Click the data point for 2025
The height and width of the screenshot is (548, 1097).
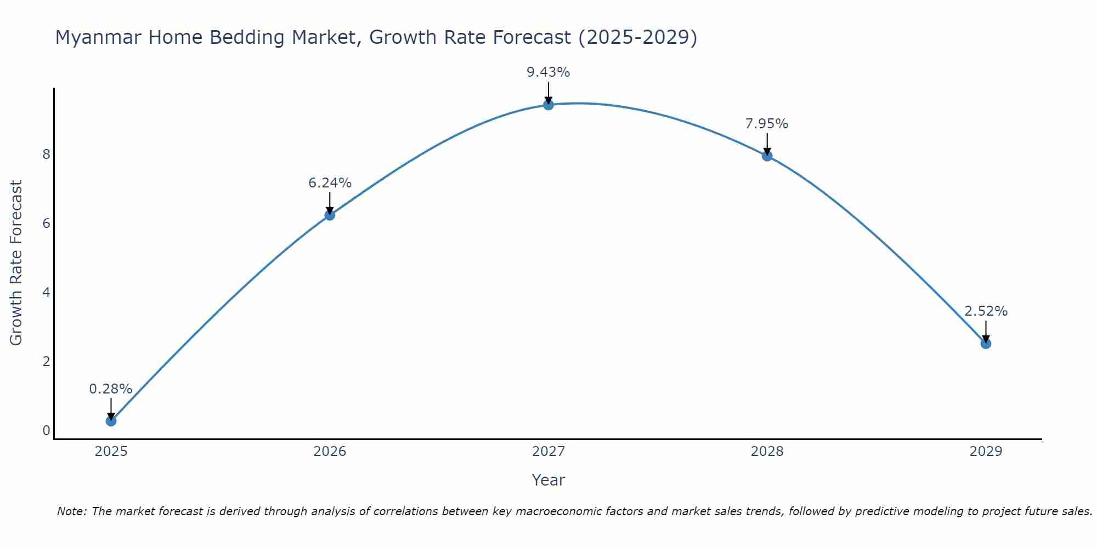tap(111, 421)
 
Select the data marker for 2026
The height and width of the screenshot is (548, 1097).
tap(330, 215)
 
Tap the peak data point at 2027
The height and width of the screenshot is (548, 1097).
tap(548, 105)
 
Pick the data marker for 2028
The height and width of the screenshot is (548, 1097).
tap(767, 156)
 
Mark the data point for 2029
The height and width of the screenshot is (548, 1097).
tap(986, 344)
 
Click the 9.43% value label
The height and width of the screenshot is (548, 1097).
tap(548, 72)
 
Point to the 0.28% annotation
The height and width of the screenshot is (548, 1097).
tap(111, 389)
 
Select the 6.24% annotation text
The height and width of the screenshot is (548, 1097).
tap(330, 183)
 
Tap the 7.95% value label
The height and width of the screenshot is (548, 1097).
tap(767, 124)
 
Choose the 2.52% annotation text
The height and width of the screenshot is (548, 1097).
tap(986, 311)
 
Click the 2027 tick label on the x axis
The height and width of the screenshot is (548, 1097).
tap(548, 452)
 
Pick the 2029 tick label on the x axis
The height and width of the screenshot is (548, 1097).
tap(986, 452)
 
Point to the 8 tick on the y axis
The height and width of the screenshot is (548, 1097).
tap(46, 155)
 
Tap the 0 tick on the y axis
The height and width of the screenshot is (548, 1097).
tap(46, 431)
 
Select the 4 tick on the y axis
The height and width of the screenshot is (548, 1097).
tap(46, 293)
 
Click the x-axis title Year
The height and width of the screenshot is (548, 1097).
tap(548, 480)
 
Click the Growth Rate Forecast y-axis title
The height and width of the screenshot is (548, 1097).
tap(16, 263)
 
